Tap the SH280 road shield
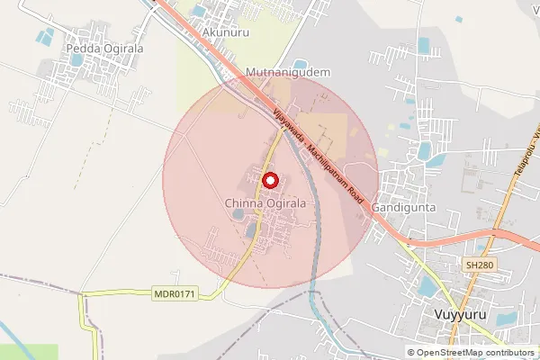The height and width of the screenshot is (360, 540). point(480,265)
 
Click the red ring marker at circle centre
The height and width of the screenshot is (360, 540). point(268,180)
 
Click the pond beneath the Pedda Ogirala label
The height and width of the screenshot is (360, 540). point(77,60)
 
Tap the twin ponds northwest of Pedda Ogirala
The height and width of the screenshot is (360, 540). point(42,39)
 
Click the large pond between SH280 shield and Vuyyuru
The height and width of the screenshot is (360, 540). point(428,286)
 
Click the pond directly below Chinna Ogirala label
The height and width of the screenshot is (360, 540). point(238,215)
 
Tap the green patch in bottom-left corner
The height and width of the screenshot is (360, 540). point(27,352)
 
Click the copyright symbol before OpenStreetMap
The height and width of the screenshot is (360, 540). point(411,353)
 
